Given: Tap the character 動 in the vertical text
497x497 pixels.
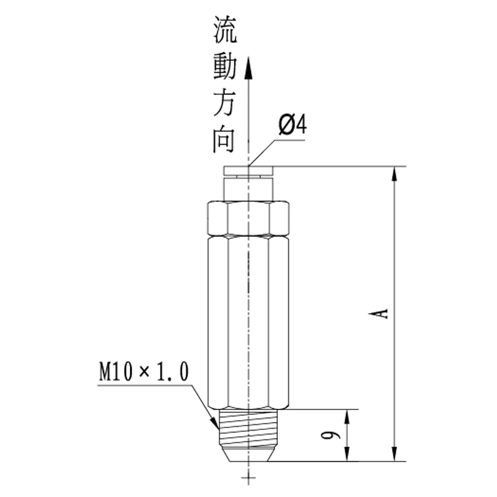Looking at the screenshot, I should pyautogui.click(x=224, y=65).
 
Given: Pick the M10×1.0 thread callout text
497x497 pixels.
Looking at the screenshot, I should pyautogui.click(x=143, y=372).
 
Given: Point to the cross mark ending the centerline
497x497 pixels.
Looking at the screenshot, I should pyautogui.click(x=248, y=476).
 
